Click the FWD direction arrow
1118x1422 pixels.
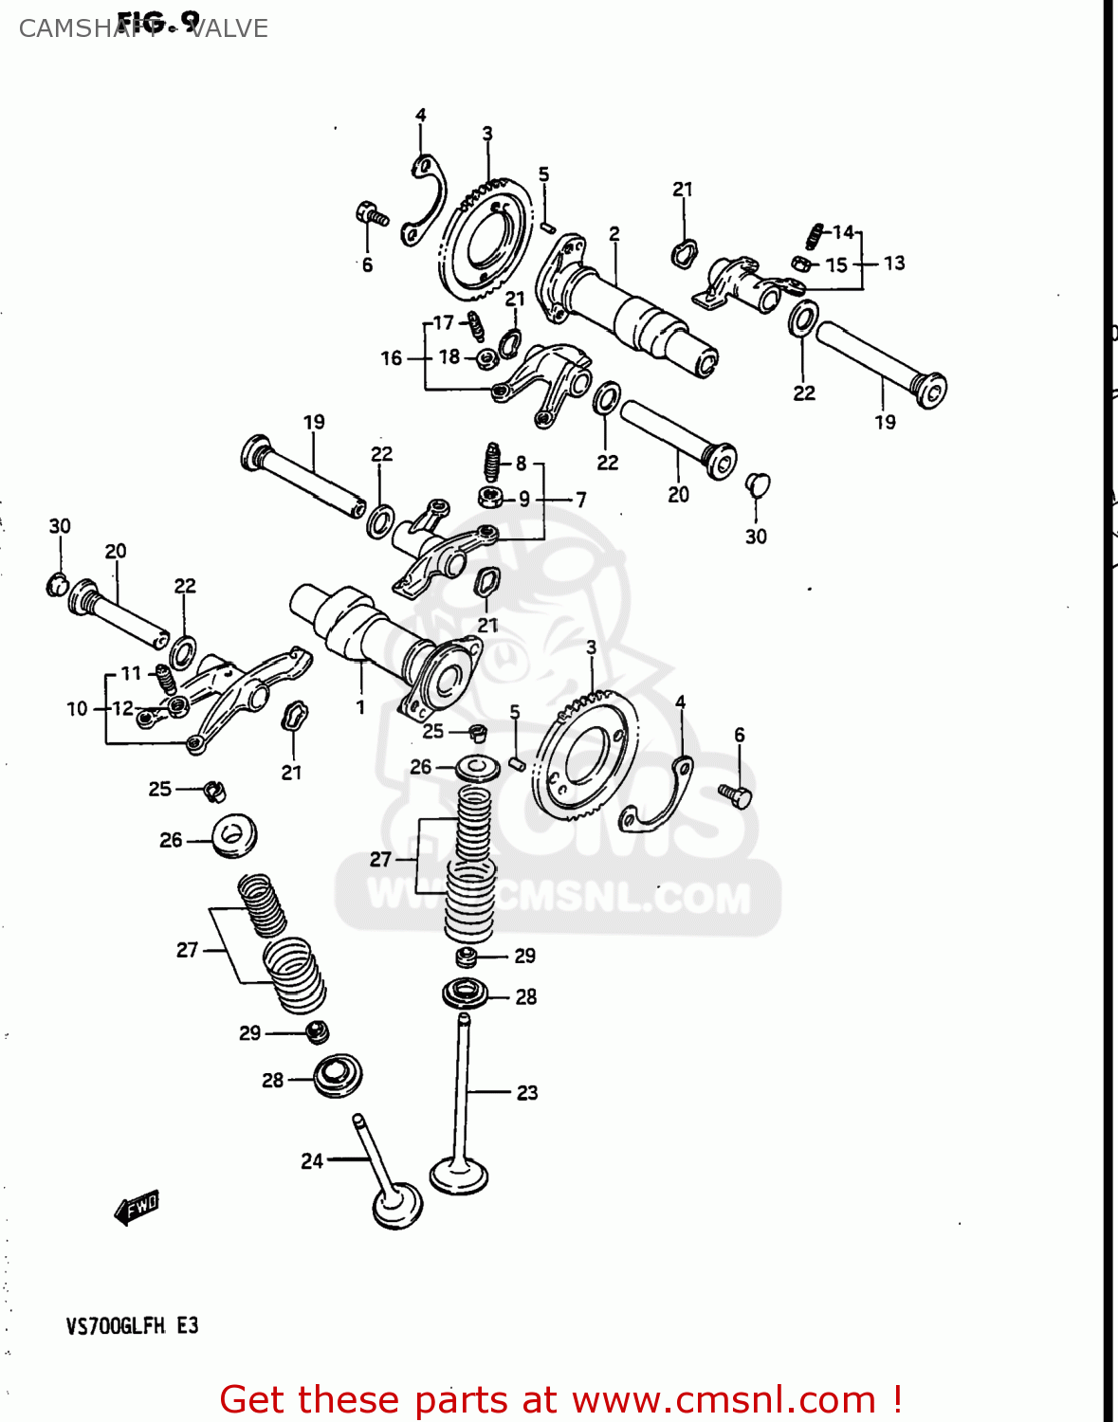[x=137, y=1207]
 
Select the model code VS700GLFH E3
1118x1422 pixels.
[x=132, y=1325]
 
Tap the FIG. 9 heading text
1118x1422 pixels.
[x=158, y=20]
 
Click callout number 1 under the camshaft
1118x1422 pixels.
[x=360, y=706]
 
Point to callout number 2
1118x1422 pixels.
[x=614, y=233]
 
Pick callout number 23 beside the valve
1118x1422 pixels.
[x=527, y=1093]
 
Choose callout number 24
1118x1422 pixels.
[x=312, y=1161]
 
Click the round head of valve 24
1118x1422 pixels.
[x=397, y=1206]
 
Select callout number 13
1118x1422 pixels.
[x=894, y=263]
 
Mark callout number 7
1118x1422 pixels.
[x=580, y=499]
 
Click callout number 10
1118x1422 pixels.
[x=77, y=708]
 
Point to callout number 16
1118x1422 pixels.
[x=392, y=358]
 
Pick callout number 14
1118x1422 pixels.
[x=843, y=232]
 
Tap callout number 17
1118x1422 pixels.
[x=444, y=322]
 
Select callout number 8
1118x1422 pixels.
[x=521, y=464]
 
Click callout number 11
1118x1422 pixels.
[x=131, y=673]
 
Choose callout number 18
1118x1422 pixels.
[x=449, y=356]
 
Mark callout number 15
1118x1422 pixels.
[x=836, y=264]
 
